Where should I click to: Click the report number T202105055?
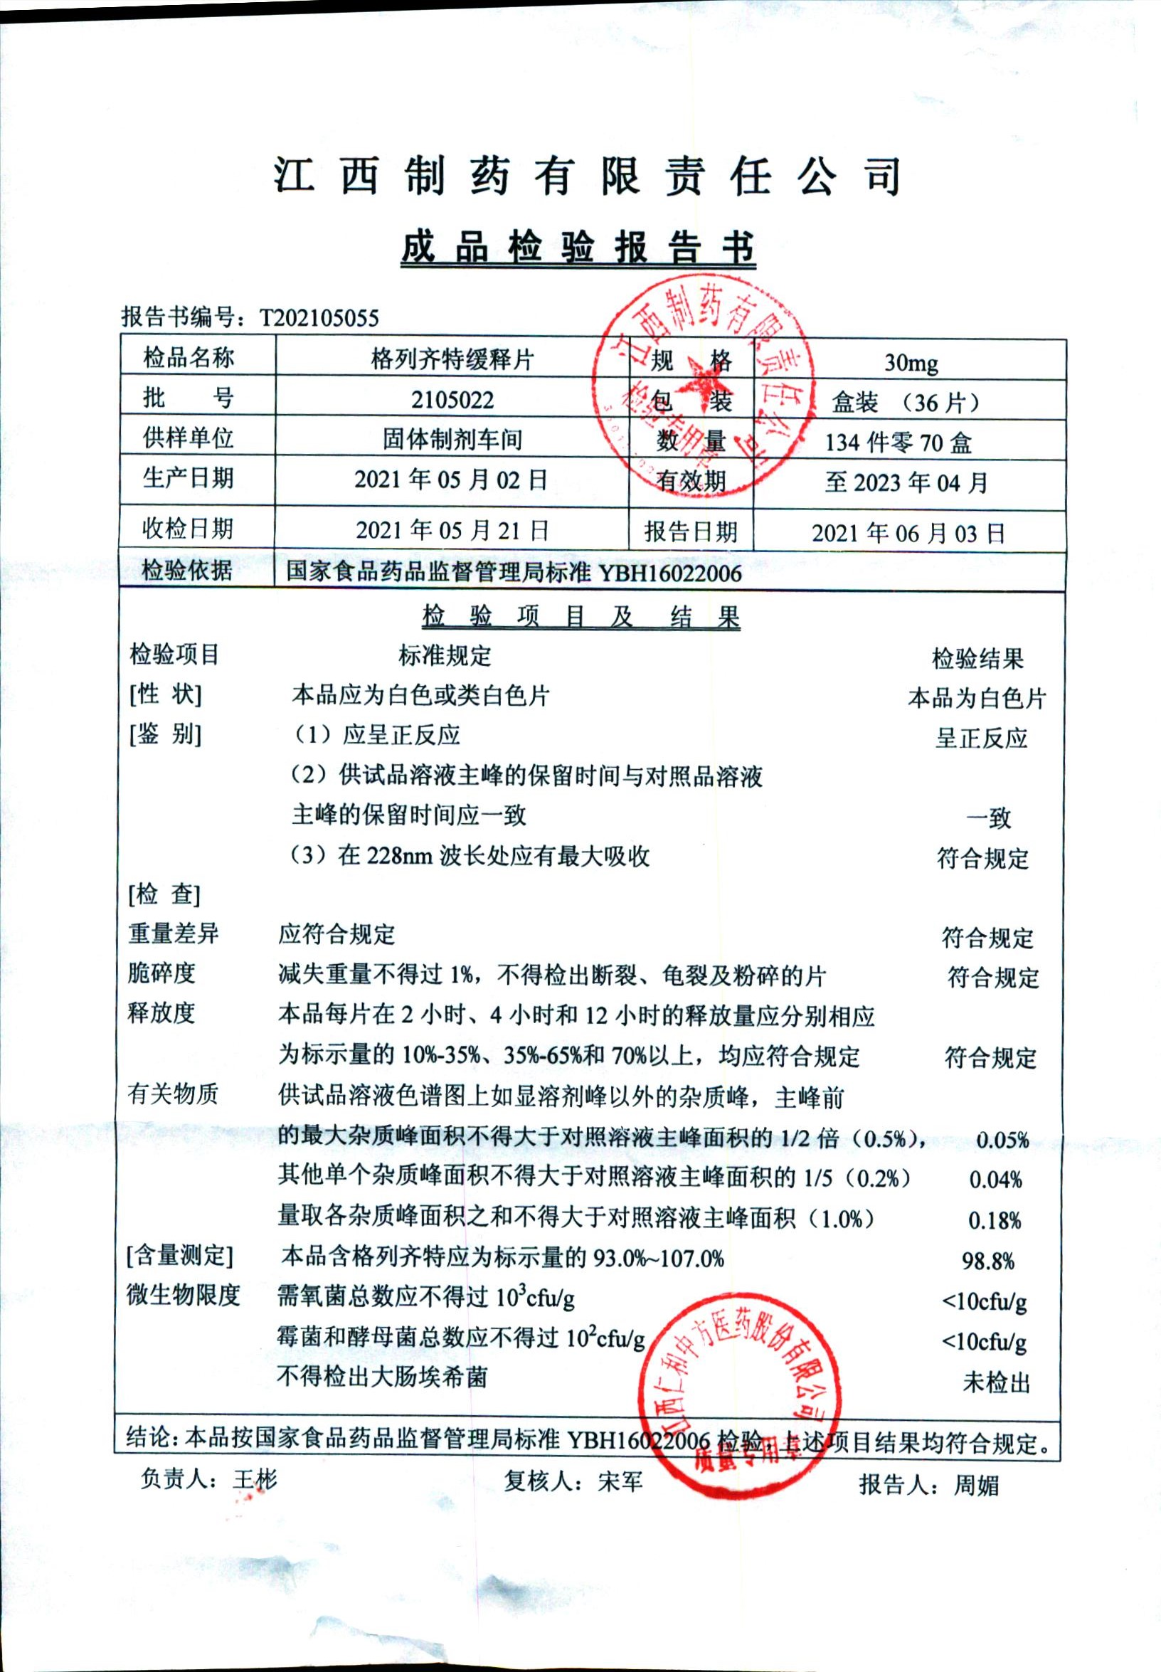pyautogui.click(x=319, y=317)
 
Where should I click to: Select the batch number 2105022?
pyautogui.click(x=452, y=399)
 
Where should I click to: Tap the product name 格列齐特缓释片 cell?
pyautogui.click(x=452, y=359)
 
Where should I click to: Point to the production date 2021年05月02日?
pyautogui.click(x=451, y=480)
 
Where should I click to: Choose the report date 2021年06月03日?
pyautogui.click(x=908, y=534)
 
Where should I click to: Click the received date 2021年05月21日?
pyautogui.click(x=452, y=529)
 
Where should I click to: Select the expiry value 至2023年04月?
pyautogui.click(x=906, y=482)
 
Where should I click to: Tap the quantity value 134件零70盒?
pyautogui.click(x=898, y=443)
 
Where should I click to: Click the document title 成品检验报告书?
pyautogui.click(x=578, y=248)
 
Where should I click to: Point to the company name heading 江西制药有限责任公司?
pyautogui.click(x=588, y=176)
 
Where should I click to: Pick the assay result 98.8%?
pyautogui.click(x=988, y=1261)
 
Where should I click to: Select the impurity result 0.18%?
pyautogui.click(x=994, y=1220)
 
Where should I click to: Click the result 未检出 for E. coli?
pyautogui.click(x=996, y=1382)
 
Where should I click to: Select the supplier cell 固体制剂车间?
pyautogui.click(x=452, y=440)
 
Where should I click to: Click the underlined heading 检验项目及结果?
pyautogui.click(x=580, y=617)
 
